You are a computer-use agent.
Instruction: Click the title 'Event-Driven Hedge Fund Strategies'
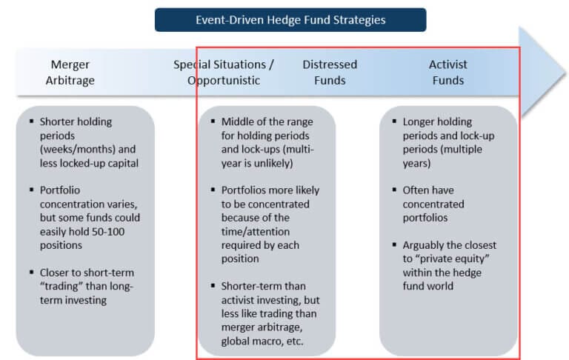click(290, 20)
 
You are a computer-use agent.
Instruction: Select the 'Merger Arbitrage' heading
click(70, 73)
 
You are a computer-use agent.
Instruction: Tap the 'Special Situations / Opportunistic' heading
click(224, 73)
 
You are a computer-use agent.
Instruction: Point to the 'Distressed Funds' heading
click(330, 73)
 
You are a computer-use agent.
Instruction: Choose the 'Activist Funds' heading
click(447, 73)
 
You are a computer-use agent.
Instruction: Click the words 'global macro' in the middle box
click(253, 341)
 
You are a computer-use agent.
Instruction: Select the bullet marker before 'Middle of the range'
click(213, 121)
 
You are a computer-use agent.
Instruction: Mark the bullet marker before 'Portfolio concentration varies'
click(31, 190)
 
